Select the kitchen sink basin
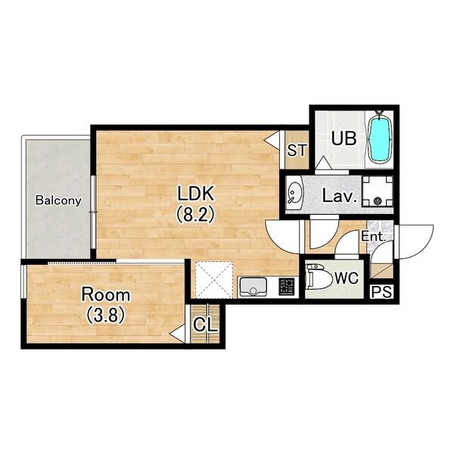click(253, 287)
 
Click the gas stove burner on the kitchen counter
click(286, 286)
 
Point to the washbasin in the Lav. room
click(294, 192)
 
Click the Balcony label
click(58, 200)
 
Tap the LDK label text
click(196, 194)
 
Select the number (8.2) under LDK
click(195, 214)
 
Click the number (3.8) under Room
click(106, 315)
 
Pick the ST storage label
click(297, 151)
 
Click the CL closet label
click(205, 325)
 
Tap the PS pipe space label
click(382, 291)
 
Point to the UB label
click(344, 138)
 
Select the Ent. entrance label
click(374, 237)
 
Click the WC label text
click(347, 278)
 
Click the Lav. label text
click(339, 196)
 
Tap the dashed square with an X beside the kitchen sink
click(214, 280)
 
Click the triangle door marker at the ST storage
click(272, 140)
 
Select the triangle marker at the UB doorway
click(324, 163)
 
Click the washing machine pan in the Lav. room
click(378, 191)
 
